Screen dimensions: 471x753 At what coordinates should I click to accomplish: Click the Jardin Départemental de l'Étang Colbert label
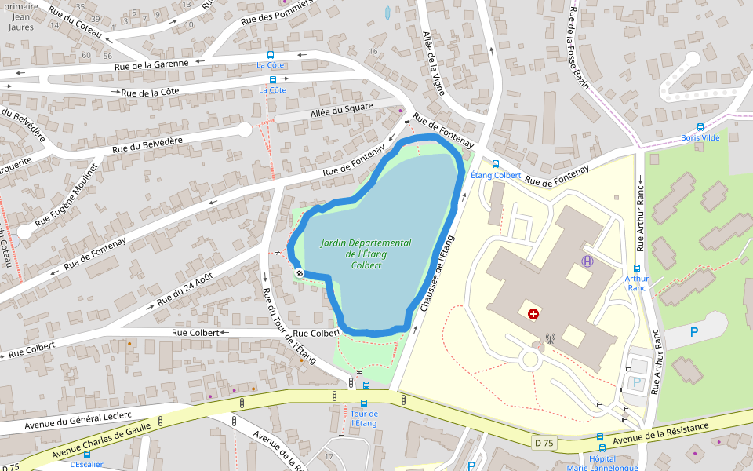[366, 254]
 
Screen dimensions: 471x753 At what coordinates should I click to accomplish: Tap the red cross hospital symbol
[533, 314]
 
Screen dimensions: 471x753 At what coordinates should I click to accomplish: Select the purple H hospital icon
[587, 261]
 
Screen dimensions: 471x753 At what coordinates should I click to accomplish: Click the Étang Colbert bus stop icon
[496, 164]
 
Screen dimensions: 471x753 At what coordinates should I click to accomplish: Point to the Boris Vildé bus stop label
[700, 137]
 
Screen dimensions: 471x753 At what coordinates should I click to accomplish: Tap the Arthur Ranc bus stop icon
[637, 268]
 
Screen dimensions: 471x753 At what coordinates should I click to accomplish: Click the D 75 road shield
[545, 443]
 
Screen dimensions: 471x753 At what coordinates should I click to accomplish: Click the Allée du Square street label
[342, 111]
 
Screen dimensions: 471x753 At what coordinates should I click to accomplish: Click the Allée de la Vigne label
[434, 64]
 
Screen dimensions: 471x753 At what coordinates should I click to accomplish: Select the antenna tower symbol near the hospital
[550, 339]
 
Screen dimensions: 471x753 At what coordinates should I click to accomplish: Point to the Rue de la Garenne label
[151, 64]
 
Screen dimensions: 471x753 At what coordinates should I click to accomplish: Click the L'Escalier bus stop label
[86, 464]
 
